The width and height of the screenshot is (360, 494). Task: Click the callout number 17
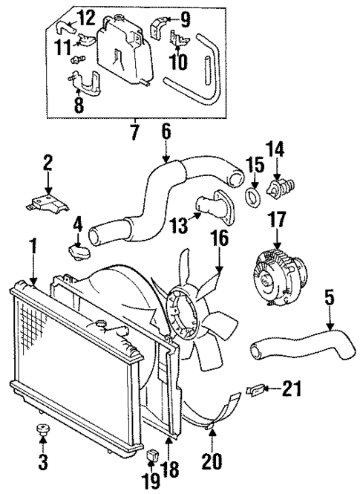pyautogui.click(x=278, y=220)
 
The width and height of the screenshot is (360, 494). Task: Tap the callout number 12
pyautogui.click(x=86, y=16)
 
